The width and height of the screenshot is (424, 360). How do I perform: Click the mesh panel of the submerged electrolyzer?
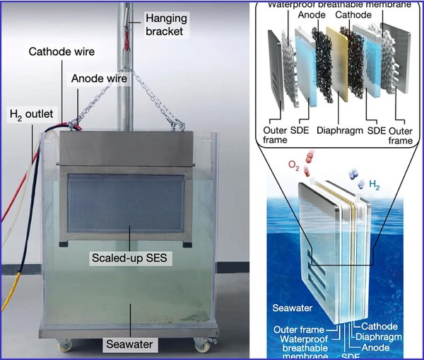coord(127,205)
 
